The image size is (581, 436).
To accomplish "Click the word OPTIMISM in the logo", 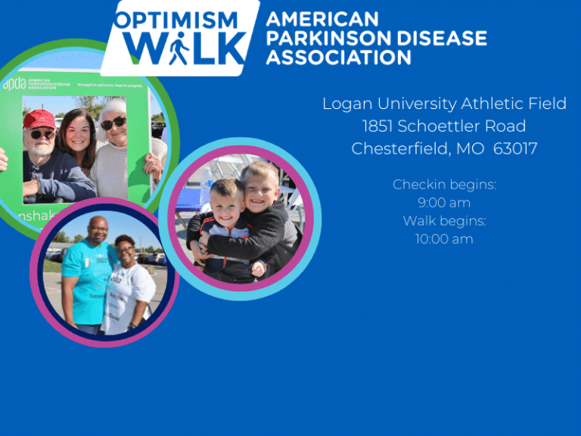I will point(176,20).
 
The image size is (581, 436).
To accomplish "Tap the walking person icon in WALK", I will point(179,51).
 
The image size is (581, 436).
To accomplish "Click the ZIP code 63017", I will point(515,148).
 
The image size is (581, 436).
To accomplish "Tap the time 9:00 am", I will point(444,203).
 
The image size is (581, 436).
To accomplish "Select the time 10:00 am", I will point(444,239).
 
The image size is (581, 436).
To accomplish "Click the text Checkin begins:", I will point(444,185).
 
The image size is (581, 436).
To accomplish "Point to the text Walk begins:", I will point(444,221).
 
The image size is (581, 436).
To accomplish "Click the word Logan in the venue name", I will point(346,104).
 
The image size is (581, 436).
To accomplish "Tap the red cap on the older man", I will point(39,119).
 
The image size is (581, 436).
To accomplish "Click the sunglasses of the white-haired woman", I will point(113,123).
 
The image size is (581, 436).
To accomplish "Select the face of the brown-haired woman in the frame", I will point(78,133).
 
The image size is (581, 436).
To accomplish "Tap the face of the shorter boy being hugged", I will point(227,205).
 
